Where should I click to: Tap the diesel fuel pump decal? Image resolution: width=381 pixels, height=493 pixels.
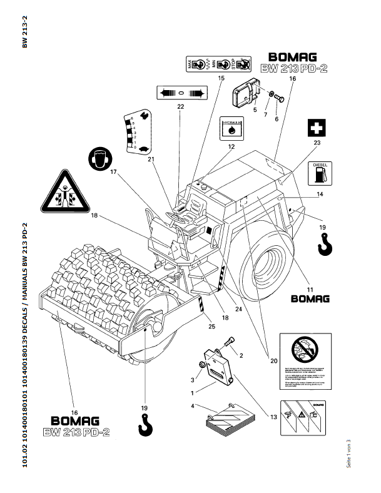320,173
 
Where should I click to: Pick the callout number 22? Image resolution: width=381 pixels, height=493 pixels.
180,106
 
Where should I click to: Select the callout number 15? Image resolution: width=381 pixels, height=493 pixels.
221,78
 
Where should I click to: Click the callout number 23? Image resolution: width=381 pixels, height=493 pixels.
317,143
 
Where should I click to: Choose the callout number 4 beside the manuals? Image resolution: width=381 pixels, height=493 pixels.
193,407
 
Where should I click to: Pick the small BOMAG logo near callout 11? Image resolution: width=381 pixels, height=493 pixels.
310,298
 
